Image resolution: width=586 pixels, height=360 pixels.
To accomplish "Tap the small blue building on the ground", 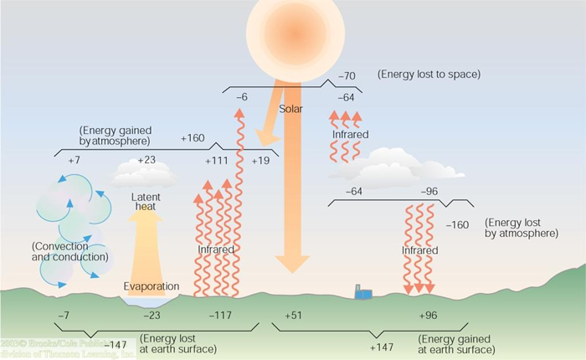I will coord(363,291).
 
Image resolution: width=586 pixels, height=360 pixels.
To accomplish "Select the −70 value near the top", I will coord(347,77).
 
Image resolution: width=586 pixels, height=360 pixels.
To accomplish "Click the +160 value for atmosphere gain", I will coord(193,138).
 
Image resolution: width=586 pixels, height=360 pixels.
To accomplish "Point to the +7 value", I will coord(74,160).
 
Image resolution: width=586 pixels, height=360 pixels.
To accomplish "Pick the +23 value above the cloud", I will coord(146,160).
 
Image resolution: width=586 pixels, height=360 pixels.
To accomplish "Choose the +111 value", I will coord(217,160).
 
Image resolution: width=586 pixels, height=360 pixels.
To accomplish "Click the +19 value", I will coord(260,160).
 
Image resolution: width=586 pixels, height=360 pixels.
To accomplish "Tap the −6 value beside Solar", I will coord(241,98).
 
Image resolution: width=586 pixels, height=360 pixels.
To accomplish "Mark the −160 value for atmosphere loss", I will coord(458,224).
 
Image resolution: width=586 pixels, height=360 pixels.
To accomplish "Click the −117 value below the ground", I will coord(219,316).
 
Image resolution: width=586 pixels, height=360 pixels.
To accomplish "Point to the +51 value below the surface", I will coord(293,316).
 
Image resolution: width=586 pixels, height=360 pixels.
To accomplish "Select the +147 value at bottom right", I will coord(382,344).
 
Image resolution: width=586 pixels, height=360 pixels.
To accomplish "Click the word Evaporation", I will coord(152,287).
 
